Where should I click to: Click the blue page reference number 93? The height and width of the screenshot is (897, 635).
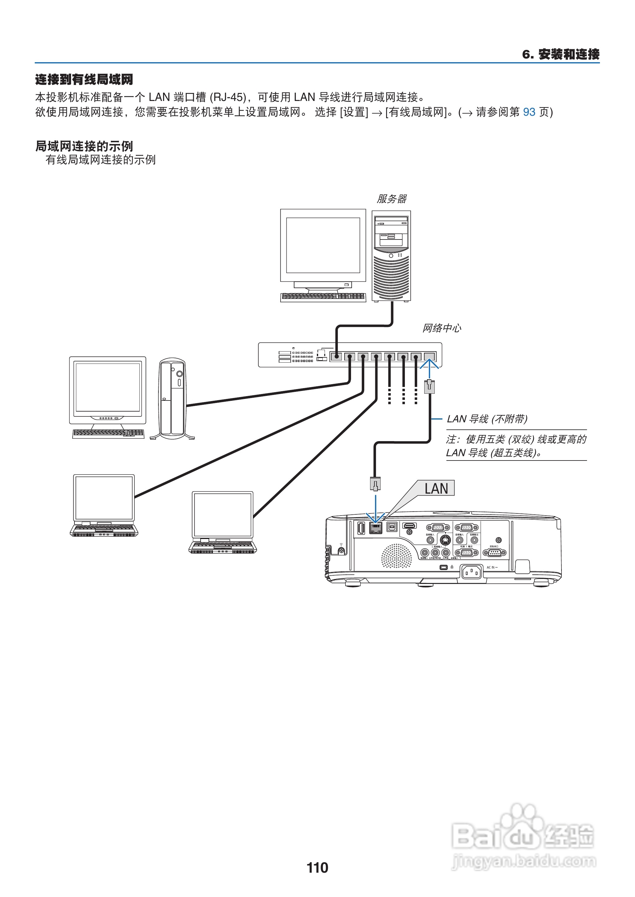[x=529, y=112]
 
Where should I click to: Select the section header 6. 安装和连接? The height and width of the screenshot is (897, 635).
[x=560, y=54]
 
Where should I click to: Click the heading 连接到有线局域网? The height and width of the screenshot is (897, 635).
[x=84, y=79]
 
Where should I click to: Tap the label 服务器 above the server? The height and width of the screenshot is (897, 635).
[x=391, y=199]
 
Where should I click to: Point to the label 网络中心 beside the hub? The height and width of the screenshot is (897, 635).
[x=441, y=328]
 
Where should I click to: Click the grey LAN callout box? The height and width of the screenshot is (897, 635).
[x=436, y=488]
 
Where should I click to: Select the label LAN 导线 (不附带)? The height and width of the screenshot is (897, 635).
[x=487, y=419]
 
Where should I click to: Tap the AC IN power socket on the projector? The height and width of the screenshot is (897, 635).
[x=472, y=572]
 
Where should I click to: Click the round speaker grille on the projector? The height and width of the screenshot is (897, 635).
[x=397, y=556]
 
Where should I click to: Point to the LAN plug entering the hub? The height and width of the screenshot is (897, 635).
[x=429, y=386]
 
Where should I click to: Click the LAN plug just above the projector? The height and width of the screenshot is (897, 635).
[x=375, y=484]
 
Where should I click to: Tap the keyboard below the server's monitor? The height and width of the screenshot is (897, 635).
[x=323, y=297]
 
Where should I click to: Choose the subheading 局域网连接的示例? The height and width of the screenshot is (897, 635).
[x=84, y=146]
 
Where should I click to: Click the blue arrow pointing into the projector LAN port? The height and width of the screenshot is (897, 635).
[x=375, y=509]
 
